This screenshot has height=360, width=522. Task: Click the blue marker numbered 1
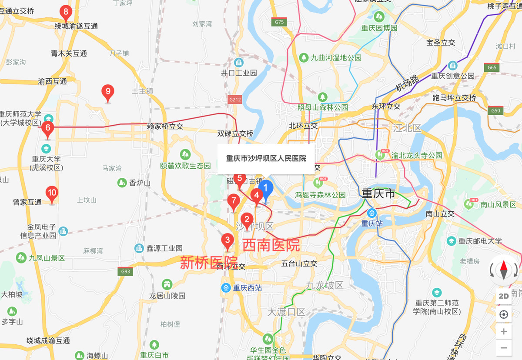click(x=266, y=189)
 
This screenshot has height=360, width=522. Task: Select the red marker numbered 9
click(x=108, y=92)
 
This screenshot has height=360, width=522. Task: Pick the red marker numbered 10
click(x=52, y=193)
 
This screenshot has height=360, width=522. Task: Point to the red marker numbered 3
click(x=227, y=240)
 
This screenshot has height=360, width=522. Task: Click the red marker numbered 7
click(x=234, y=201)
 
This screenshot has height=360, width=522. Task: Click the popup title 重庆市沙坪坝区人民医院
click(x=266, y=159)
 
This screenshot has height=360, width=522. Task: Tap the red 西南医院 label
click(x=271, y=245)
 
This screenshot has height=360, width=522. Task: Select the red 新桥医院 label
click(x=209, y=262)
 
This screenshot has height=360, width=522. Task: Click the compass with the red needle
click(x=504, y=270)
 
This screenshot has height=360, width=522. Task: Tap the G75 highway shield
click(x=279, y=22)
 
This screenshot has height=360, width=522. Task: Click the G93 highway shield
click(x=126, y=272)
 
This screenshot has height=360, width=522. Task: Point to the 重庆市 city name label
click(x=378, y=193)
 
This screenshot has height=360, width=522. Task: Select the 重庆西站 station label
click(x=247, y=287)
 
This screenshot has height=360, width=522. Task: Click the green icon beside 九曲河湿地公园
click(x=304, y=57)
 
